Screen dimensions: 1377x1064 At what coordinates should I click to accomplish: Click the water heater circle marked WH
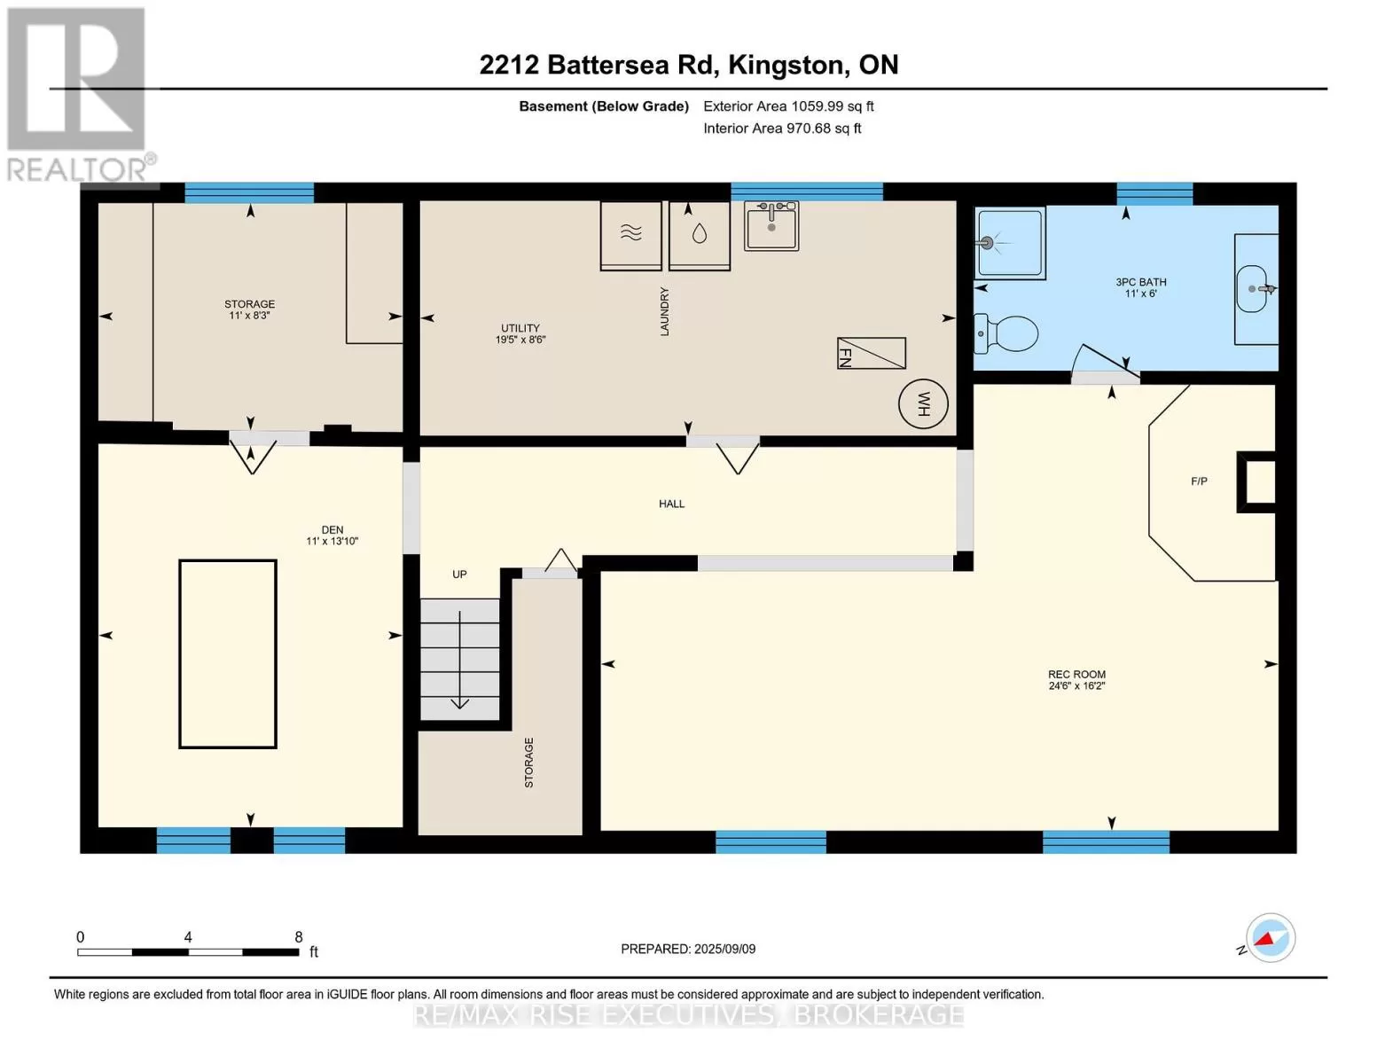[923, 403]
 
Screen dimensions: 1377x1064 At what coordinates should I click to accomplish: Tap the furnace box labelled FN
[872, 353]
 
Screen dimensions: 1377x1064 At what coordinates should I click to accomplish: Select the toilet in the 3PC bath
[1005, 333]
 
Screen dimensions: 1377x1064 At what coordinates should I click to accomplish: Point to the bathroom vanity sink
[1256, 289]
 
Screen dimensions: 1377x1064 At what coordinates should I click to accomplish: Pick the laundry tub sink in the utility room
[771, 225]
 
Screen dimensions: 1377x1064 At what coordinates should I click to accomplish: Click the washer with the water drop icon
[699, 236]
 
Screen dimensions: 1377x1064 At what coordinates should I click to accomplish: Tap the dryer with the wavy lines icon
[631, 236]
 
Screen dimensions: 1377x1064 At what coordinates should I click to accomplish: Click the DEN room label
[333, 529]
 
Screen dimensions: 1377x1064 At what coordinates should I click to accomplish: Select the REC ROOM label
[1076, 674]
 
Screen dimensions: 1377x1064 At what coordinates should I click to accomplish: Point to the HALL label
[672, 504]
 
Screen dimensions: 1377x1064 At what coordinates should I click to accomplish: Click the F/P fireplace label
[1199, 481]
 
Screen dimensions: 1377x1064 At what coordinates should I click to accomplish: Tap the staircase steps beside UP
[459, 659]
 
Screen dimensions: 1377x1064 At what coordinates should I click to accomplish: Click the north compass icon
[1271, 938]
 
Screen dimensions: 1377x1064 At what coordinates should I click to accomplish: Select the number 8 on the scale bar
[299, 936]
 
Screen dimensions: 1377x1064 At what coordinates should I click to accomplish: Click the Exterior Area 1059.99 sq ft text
[788, 106]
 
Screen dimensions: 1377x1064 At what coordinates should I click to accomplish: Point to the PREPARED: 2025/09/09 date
[688, 949]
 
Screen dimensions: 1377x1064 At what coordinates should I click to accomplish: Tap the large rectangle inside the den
[228, 654]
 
